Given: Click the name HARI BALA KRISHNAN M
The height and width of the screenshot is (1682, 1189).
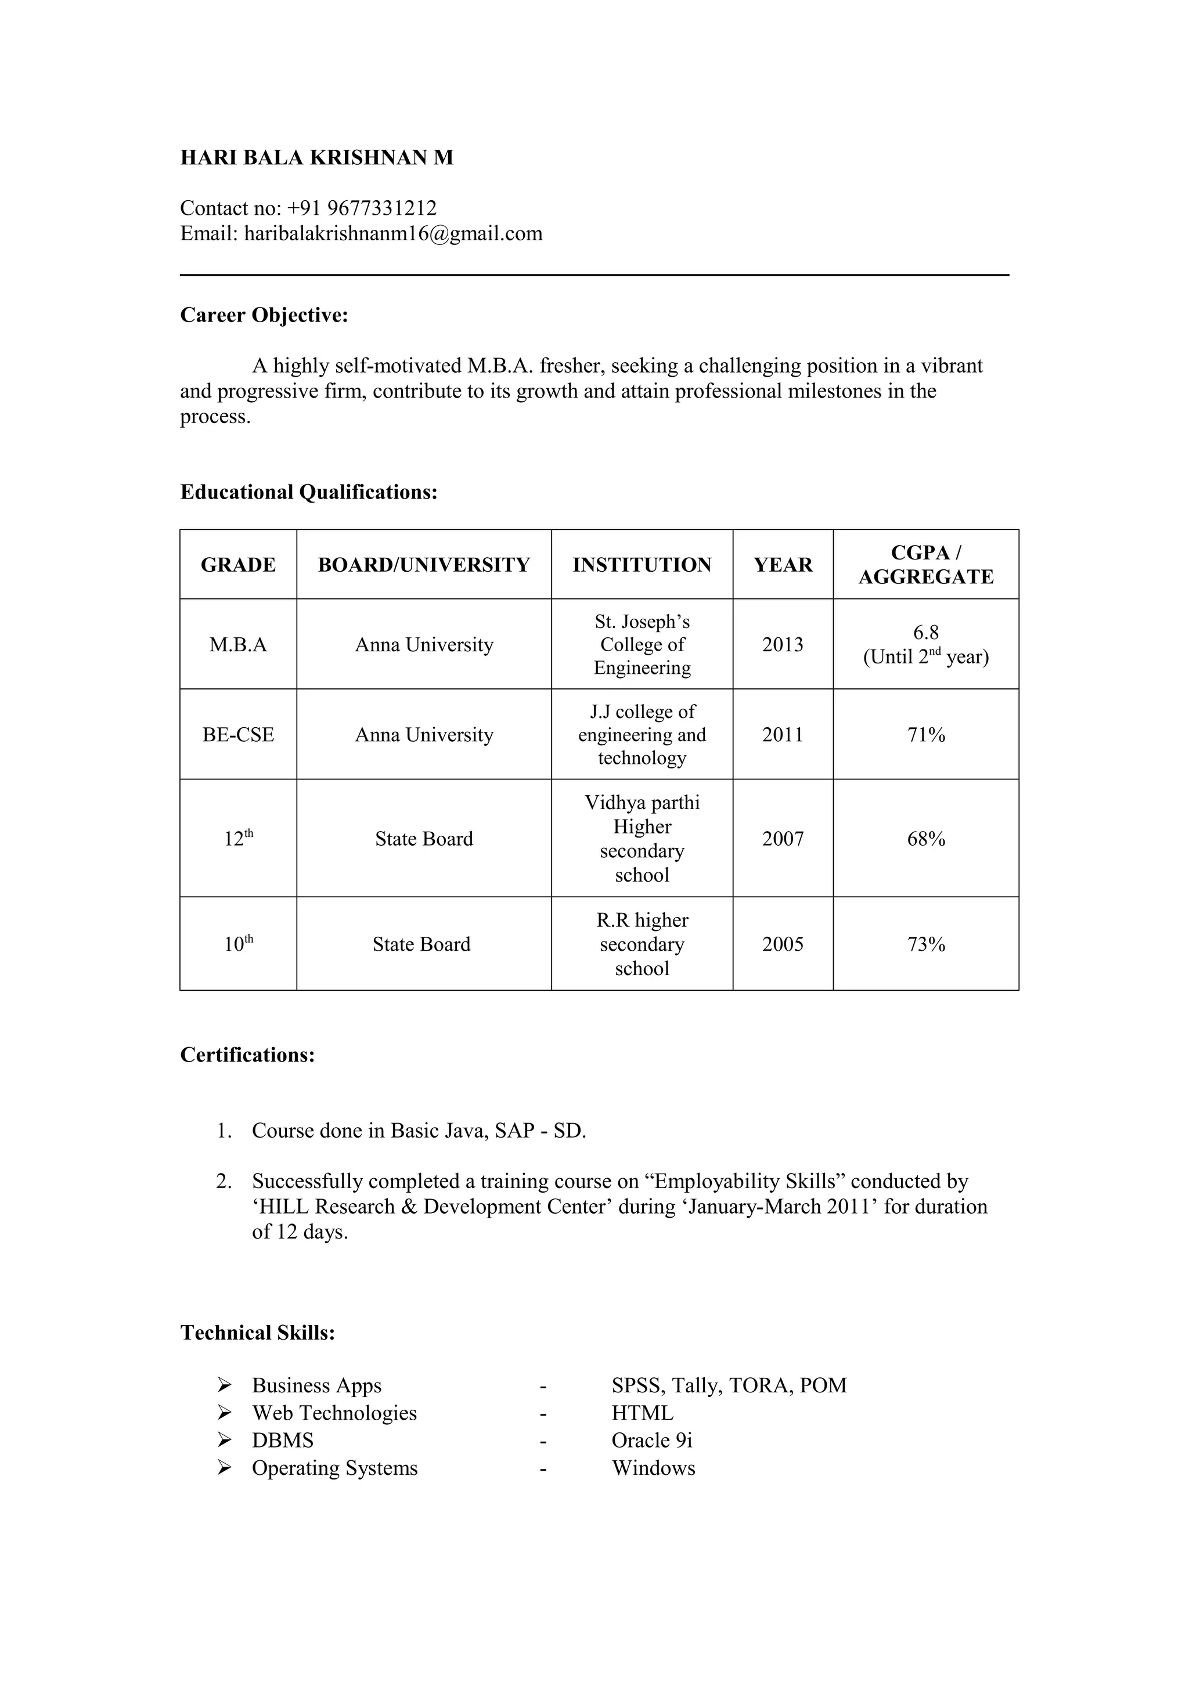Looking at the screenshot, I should [316, 157].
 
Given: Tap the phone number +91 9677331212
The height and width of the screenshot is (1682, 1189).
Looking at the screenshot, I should [362, 208].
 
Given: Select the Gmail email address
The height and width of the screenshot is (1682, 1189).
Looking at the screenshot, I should [392, 234].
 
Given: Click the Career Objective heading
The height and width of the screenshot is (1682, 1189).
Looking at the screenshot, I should [264, 315].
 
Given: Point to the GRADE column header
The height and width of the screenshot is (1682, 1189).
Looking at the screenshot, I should [238, 565].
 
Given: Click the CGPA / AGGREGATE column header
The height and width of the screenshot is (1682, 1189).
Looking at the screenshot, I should [925, 565].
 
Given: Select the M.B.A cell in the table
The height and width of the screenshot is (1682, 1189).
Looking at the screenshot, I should [238, 645].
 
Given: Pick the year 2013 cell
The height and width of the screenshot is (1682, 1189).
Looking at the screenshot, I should [783, 645].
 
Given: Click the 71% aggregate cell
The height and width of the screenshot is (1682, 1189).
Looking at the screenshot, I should [926, 735].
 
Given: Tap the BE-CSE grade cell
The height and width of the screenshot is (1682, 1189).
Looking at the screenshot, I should [238, 735].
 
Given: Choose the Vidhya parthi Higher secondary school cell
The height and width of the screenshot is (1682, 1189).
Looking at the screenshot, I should [642, 838].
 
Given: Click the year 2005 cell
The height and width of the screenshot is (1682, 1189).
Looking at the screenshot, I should [783, 944].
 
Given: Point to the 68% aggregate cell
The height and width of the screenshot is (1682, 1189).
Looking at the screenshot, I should [926, 839].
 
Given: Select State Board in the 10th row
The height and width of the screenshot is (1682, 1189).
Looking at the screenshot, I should [421, 944].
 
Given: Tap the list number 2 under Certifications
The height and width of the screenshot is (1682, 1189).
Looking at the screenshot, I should [224, 1182].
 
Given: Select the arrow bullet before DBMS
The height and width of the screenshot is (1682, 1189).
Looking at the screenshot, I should [224, 1440].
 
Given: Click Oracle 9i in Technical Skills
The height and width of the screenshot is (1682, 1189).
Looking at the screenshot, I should [651, 1440].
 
